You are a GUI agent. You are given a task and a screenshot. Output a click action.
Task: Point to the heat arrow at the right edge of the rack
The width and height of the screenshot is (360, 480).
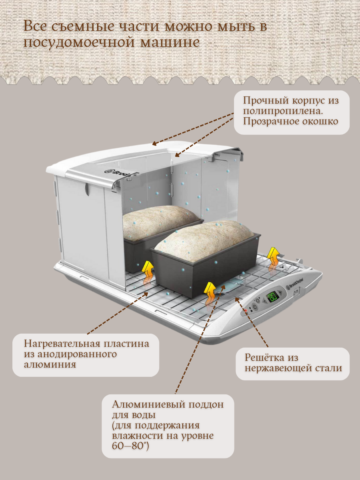pyautogui.click(x=273, y=257)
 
